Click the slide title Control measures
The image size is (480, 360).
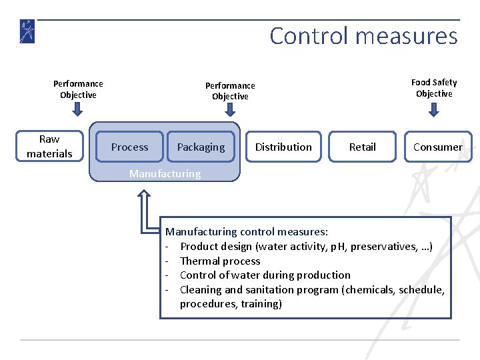pos(363,36)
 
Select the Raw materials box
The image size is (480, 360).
pos(49,147)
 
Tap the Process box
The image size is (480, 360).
pos(129,147)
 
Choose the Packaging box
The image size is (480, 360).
pos(201,147)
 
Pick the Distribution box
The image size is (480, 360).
pos(283,147)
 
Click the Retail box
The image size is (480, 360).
pos(362,147)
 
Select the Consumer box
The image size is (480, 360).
pos(437,147)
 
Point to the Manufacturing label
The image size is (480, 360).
pos(165,174)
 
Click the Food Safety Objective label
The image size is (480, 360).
pos(434,88)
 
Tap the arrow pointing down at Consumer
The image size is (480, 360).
pos(434,109)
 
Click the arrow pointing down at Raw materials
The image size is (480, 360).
pos(78,110)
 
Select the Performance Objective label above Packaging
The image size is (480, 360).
pos(230,91)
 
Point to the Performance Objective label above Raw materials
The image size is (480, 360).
pos(78,89)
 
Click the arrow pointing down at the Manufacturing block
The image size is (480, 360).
pos(230,111)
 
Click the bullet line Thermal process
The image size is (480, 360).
pos(220,261)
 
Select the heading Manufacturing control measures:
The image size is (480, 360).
pos(247,232)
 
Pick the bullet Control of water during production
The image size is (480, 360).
pos(265,275)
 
